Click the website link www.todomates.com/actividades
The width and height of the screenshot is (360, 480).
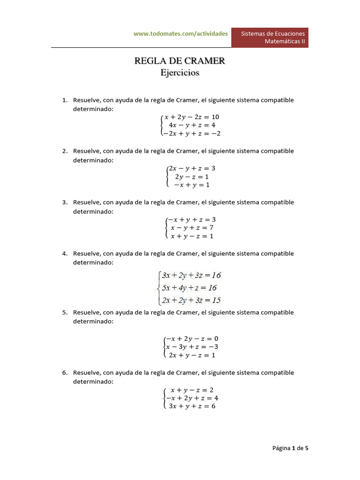click(180, 34)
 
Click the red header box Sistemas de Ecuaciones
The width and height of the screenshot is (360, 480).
click(270, 37)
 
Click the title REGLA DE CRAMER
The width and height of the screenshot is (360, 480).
click(180, 60)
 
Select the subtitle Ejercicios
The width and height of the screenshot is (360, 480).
click(180, 73)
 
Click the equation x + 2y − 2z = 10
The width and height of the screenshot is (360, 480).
click(192, 117)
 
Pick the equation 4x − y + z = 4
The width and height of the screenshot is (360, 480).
click(192, 125)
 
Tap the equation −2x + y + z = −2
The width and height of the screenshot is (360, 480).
click(192, 134)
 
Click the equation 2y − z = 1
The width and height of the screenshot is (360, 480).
click(192, 177)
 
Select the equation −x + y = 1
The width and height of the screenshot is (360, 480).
click(192, 185)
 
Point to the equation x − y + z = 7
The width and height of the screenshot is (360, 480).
click(192, 228)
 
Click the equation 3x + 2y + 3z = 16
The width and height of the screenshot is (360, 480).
click(191, 275)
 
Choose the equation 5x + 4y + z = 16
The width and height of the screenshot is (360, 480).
click(189, 288)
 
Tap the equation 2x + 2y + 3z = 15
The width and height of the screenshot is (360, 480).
click(191, 300)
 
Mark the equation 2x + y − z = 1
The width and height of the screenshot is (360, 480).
click(192, 355)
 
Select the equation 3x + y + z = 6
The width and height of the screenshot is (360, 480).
click(192, 406)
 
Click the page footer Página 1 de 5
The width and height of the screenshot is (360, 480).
click(290, 448)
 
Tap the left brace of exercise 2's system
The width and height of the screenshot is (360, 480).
click(167, 177)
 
